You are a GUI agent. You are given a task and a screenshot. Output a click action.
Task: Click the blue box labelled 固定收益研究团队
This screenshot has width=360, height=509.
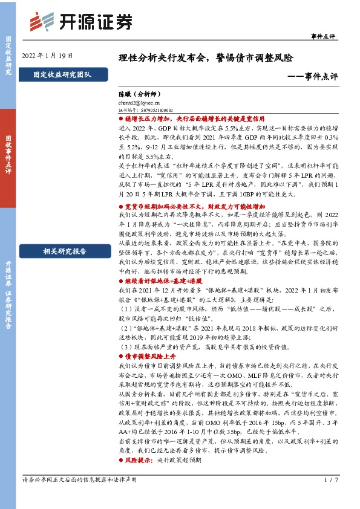coord(63,76)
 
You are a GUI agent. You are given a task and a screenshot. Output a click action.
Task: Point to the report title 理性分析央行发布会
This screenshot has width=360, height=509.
coord(163,59)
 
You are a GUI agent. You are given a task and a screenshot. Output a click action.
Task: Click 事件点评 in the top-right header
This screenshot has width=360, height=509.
coord(322,36)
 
